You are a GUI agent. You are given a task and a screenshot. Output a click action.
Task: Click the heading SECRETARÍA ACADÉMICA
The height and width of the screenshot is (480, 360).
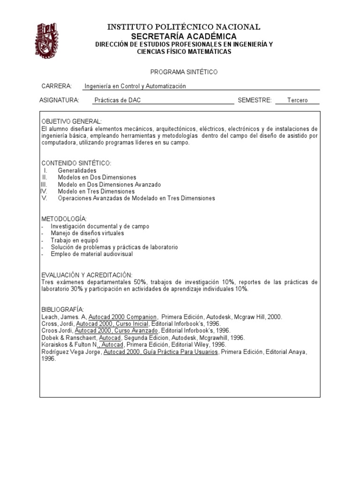pos(184,36)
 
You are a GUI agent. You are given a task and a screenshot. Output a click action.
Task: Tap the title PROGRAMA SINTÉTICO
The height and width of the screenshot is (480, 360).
pos(184,72)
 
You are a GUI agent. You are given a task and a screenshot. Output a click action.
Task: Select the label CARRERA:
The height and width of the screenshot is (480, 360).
pos(56,86)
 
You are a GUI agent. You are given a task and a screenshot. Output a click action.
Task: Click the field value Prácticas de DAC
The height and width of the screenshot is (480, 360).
pos(117,100)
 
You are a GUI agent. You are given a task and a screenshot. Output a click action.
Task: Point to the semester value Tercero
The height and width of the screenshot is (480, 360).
pos(297,100)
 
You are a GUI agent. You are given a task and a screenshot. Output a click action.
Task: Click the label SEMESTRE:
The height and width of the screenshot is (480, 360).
pos(255,100)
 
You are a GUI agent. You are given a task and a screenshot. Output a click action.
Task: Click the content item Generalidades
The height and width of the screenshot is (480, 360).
pos(77,171)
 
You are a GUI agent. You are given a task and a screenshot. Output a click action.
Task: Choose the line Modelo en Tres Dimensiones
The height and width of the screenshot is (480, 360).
pos(96,191)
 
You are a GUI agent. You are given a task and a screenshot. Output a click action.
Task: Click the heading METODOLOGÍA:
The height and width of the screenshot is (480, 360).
pos(64,219)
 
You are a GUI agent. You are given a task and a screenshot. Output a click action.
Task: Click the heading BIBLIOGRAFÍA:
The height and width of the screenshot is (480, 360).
pos(62,310)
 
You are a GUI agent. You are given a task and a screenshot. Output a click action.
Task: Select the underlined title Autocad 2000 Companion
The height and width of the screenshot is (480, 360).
pos(122,317)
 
